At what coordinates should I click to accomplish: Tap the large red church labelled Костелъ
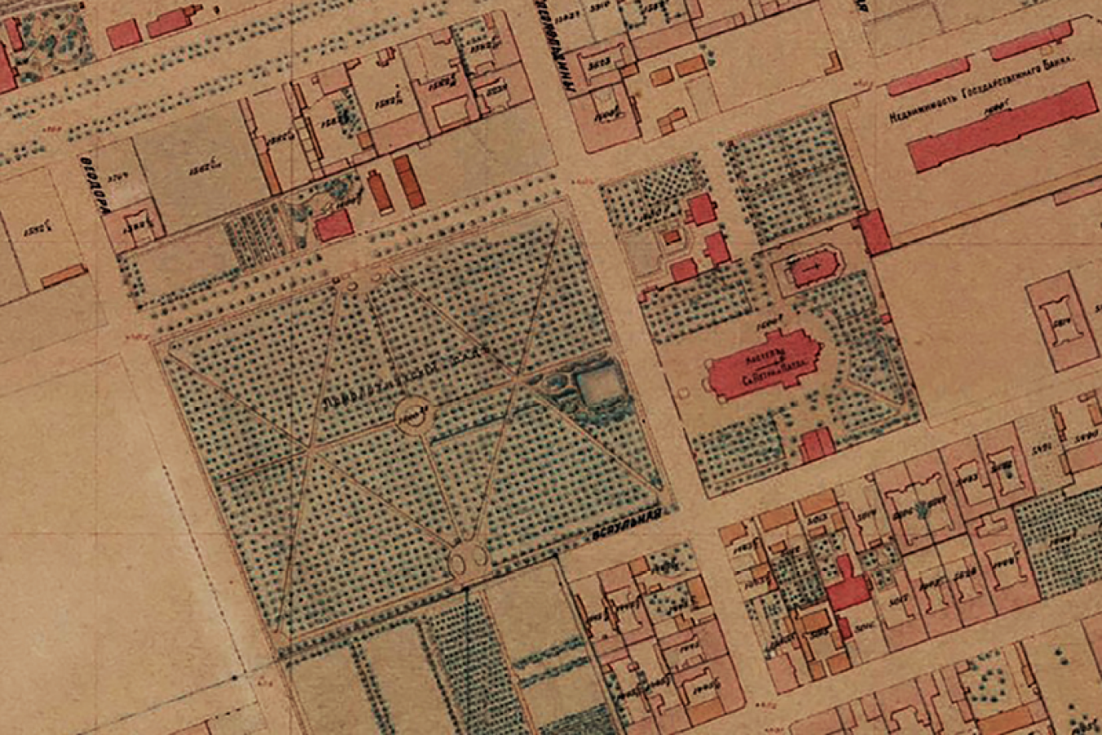pos(764,365)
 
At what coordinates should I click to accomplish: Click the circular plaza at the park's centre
pos(413,415)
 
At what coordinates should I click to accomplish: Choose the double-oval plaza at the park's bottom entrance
pos(468,559)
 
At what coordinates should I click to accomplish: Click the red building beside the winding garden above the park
pos(333,225)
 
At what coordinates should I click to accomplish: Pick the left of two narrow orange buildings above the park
pos(380,193)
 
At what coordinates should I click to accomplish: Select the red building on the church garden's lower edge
pos(817,445)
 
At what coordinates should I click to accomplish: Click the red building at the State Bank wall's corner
pos(874,232)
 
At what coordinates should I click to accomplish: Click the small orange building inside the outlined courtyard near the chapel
pos(670,238)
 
